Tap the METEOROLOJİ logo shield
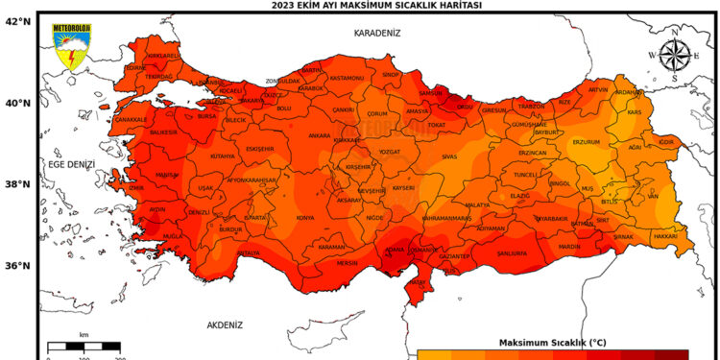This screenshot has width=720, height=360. coord(71,47)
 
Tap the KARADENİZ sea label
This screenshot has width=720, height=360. coord(376,33)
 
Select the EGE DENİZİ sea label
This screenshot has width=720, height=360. coord(72,165)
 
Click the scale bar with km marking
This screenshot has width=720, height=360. coord(84,347)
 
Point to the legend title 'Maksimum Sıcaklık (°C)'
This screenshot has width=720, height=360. coord(551,343)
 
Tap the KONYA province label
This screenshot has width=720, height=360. coord(305,218)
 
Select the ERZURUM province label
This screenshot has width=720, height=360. coord(586,142)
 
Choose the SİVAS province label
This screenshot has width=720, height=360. coord(449,155)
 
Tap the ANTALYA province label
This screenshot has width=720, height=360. coord(248,253)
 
